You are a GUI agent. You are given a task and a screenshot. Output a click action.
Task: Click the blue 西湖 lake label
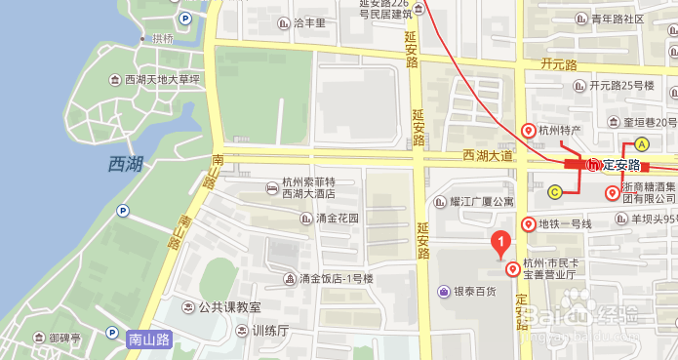126,164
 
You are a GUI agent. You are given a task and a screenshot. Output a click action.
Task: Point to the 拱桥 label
162,38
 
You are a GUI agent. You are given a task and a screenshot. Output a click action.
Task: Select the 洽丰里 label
308,22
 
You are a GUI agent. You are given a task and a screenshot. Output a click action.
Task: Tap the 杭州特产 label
560,130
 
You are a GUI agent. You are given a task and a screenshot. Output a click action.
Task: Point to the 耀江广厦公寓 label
481,202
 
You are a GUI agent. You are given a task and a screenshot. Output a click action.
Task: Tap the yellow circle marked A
642,144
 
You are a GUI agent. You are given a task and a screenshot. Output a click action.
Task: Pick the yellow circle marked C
554,191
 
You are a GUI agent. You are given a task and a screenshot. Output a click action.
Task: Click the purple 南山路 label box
149,340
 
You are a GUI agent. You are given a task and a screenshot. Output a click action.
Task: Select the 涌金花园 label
338,219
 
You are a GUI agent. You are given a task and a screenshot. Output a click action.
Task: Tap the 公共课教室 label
229,306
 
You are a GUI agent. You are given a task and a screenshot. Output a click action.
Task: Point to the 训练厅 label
270,331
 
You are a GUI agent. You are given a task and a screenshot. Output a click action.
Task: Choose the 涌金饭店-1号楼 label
342,280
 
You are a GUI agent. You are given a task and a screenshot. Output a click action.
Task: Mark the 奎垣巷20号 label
642,122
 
